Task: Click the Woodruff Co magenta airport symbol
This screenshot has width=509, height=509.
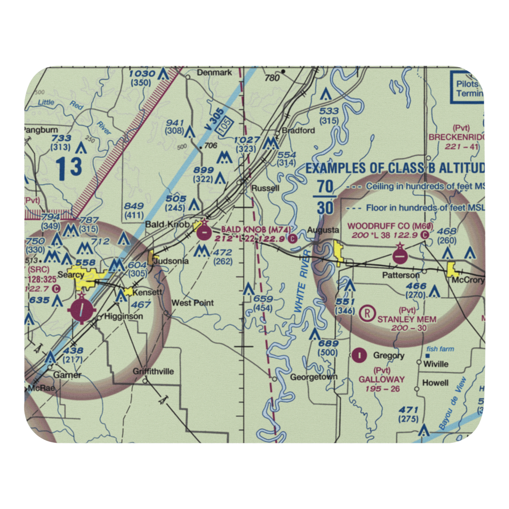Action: (400, 254)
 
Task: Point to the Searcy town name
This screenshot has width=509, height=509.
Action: (71, 275)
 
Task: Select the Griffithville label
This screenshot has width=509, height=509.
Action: (153, 372)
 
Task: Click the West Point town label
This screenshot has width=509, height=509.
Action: (192, 303)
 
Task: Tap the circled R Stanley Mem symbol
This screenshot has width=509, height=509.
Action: (365, 313)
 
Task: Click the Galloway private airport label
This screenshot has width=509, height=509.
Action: (382, 379)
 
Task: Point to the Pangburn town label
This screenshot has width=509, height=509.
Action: (40, 130)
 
